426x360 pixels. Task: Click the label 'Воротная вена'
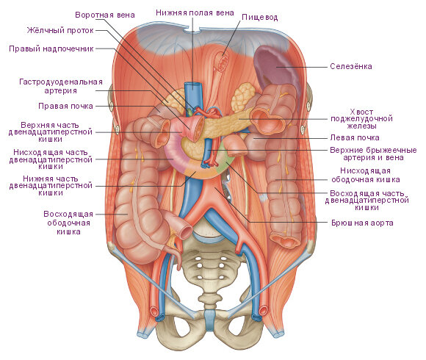[105, 15]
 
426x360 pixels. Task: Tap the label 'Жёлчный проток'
[60, 30]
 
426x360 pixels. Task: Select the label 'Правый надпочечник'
[51, 48]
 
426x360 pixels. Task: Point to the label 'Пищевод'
[260, 18]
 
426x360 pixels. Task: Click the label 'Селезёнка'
[351, 66]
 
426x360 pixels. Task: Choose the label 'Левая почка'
[355, 137]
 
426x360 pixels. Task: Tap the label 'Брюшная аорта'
[362, 223]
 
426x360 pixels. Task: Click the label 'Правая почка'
[65, 106]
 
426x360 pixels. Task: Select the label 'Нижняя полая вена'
[195, 12]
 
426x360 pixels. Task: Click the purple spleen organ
[275, 68]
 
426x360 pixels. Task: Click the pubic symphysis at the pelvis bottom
[209, 320]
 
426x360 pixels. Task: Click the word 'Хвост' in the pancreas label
[361, 112]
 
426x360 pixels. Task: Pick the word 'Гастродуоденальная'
[61, 82]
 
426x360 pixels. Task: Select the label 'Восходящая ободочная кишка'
[68, 223]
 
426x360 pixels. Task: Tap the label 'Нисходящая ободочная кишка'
[366, 176]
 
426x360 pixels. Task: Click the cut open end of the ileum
[186, 231]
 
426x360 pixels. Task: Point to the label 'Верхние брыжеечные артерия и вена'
[373, 154]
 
